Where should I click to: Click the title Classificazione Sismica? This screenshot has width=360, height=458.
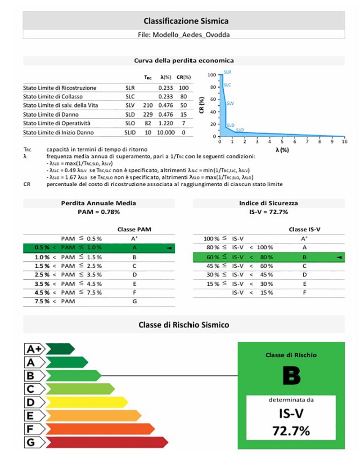[x=186, y=21]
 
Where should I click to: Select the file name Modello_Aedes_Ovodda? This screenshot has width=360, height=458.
[x=185, y=34]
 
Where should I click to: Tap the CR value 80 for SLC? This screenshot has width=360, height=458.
[x=184, y=96]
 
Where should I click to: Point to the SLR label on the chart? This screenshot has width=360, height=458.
[x=228, y=72]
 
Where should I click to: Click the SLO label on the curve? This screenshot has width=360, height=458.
[x=240, y=130]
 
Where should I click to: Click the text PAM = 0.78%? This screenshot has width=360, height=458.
[x=98, y=211]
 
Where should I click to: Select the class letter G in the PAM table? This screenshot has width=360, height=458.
[x=134, y=301]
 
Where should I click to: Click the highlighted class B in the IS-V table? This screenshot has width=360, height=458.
[x=305, y=257]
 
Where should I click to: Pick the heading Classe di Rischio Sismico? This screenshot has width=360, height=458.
[x=184, y=324]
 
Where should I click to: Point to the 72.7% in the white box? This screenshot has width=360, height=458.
[x=291, y=431]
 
